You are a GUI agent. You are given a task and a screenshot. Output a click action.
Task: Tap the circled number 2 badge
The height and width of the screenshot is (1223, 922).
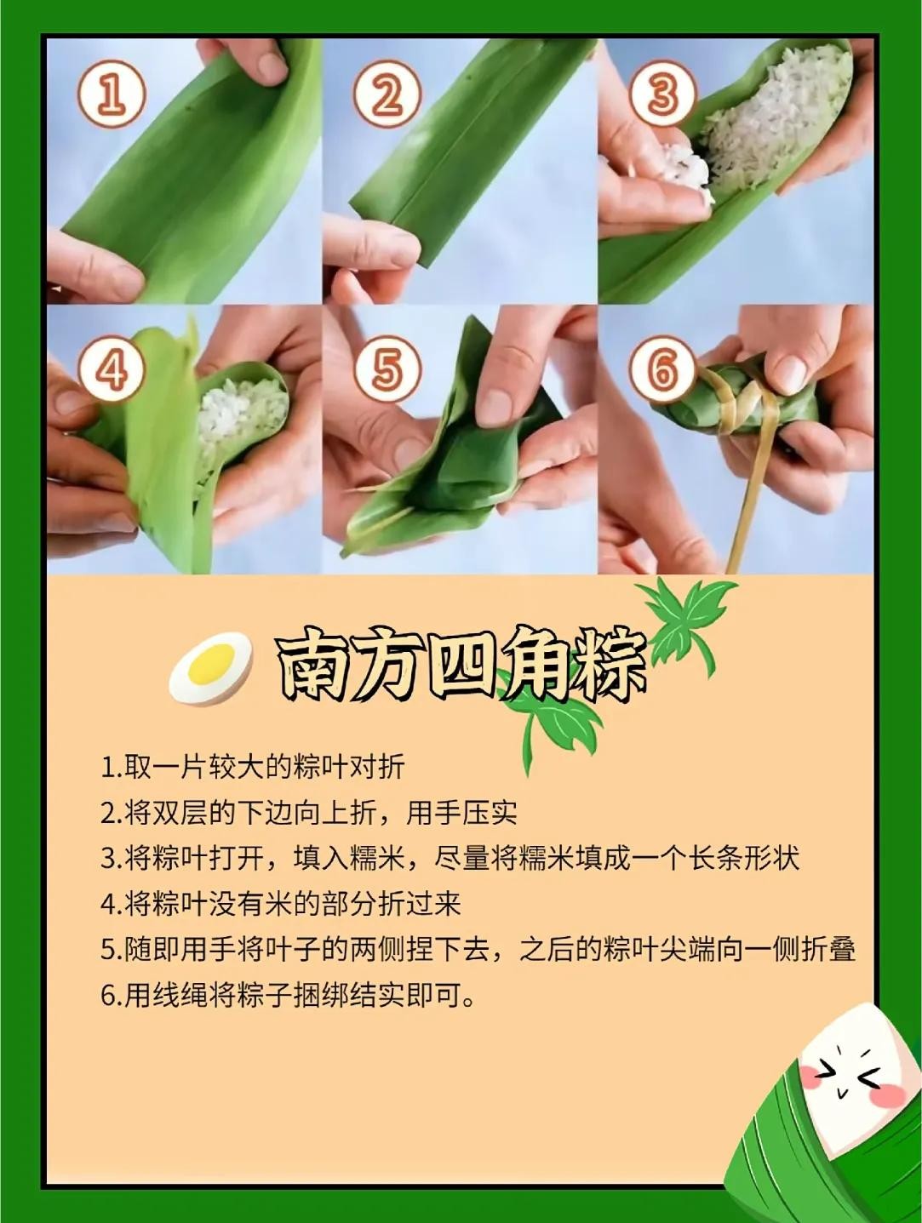point(388,94)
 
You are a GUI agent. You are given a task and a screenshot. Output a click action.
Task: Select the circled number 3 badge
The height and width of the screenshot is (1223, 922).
point(663,94)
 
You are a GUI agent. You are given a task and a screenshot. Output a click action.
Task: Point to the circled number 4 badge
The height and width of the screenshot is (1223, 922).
point(112,369)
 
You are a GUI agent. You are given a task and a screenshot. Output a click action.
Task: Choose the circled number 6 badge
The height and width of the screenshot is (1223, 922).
point(663,369)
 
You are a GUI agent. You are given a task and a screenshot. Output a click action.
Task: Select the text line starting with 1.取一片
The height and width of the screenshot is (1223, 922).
point(252,768)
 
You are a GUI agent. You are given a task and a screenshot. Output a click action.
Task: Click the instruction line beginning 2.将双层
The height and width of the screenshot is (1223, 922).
point(309,814)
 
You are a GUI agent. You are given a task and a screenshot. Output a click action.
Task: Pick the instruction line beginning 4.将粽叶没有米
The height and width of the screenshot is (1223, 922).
point(281,905)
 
